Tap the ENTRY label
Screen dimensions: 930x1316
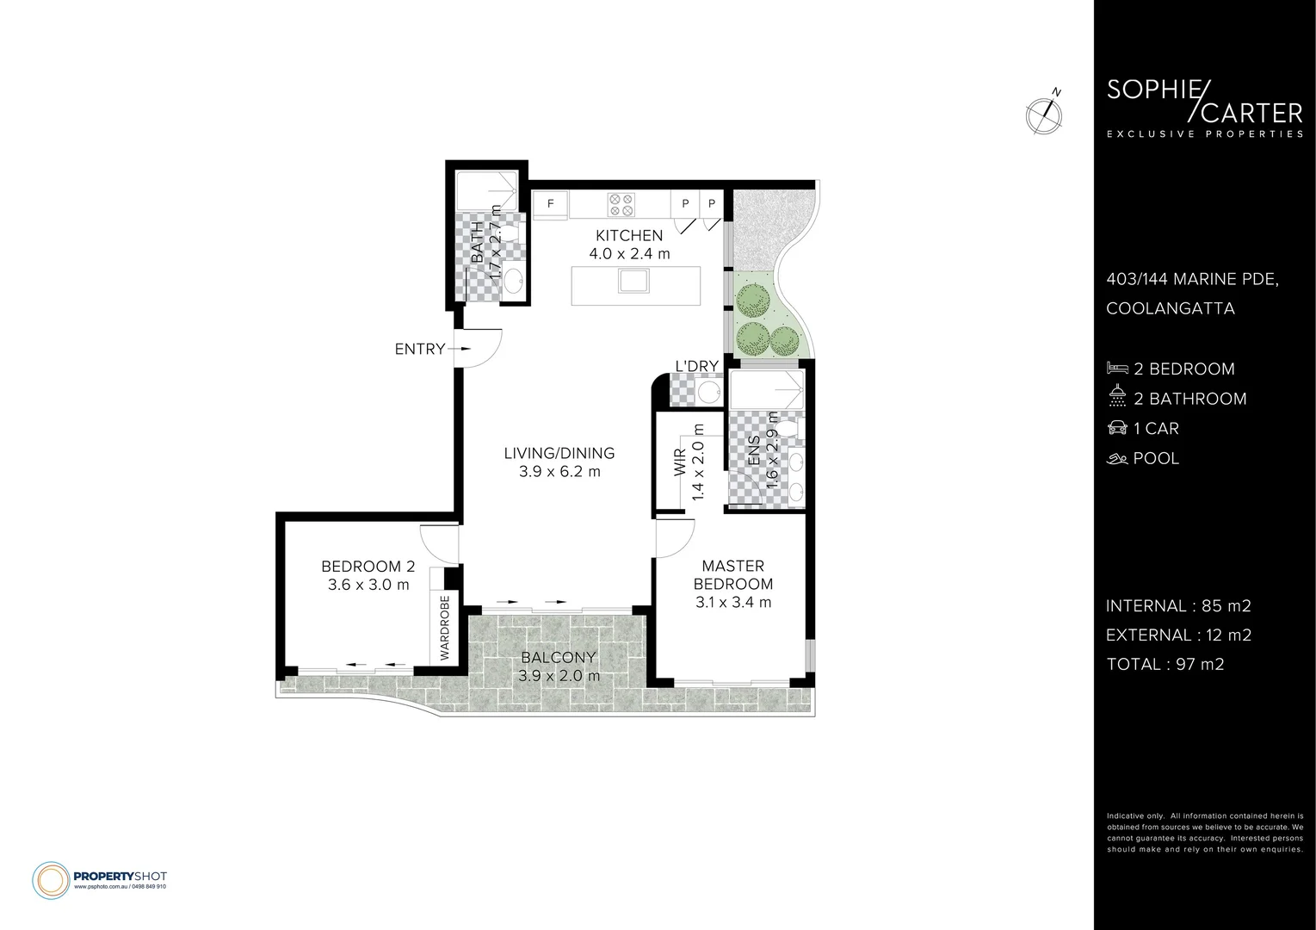(x=419, y=349)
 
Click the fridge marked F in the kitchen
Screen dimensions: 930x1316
(x=548, y=205)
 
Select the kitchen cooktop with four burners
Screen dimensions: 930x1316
(x=621, y=204)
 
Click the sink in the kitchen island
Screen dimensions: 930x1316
(x=635, y=280)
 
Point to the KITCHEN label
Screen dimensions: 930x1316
(x=629, y=235)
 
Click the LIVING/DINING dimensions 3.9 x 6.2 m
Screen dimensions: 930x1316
(x=559, y=472)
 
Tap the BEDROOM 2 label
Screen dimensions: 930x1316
(x=368, y=567)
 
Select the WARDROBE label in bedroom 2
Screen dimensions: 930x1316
(x=445, y=628)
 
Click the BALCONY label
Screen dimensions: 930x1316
(x=559, y=659)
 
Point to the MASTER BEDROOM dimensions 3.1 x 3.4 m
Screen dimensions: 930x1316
(x=733, y=603)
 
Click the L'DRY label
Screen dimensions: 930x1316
(x=696, y=366)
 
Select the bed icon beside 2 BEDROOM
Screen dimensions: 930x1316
(x=1117, y=369)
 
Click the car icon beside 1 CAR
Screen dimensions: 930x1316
(x=1117, y=428)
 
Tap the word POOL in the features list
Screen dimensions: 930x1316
(x=1156, y=458)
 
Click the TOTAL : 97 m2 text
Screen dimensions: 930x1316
(x=1165, y=664)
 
